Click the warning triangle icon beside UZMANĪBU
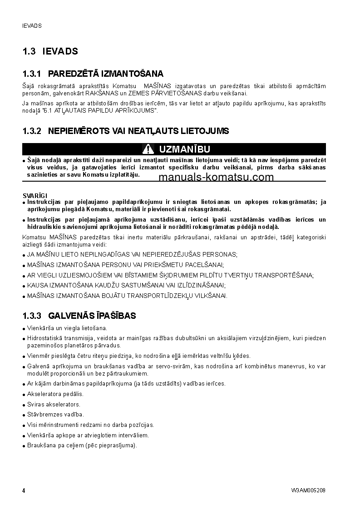coord(148,149)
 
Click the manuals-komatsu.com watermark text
coord(216,177)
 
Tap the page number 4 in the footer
coord(24,490)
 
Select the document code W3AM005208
coord(309,490)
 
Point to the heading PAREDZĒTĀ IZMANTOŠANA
coord(106,74)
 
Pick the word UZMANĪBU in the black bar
coord(184,149)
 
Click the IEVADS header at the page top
coord(32,26)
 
